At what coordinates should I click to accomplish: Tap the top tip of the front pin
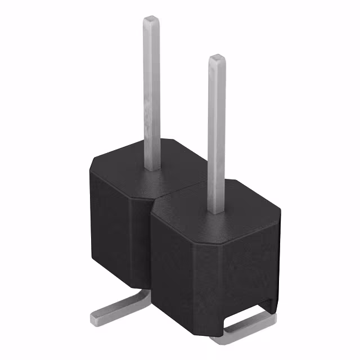tap(217, 57)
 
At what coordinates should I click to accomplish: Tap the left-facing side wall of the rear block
tap(110, 225)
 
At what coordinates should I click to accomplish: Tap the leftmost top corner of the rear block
tap(91, 163)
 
